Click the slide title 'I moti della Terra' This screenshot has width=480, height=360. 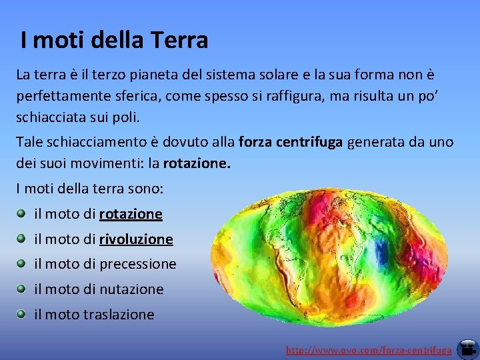114,41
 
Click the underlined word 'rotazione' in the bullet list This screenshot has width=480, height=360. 131,214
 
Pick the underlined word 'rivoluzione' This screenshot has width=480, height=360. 136,239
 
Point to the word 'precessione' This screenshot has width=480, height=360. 138,265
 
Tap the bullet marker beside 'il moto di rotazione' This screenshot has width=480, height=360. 21,213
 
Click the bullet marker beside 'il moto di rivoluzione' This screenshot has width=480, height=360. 21,239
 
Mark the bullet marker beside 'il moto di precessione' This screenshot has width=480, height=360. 21,263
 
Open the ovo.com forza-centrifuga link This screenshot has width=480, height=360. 369,350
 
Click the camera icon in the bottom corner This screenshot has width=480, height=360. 467,348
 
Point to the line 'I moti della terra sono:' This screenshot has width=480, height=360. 90,189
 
